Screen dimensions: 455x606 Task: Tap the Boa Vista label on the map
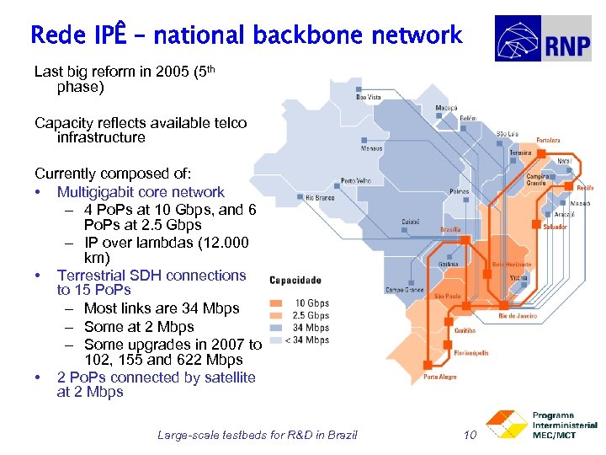tap(369, 98)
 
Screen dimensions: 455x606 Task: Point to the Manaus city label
tap(371, 148)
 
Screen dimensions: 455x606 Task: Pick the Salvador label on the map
tap(555, 227)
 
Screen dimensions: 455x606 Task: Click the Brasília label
tap(450, 229)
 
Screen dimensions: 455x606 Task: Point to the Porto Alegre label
tap(440, 377)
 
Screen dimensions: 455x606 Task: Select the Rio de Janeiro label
tap(517, 315)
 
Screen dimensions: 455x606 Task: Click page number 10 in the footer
tap(470, 435)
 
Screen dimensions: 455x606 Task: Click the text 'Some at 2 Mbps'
tap(139, 327)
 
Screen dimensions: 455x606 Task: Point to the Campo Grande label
tap(403, 290)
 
